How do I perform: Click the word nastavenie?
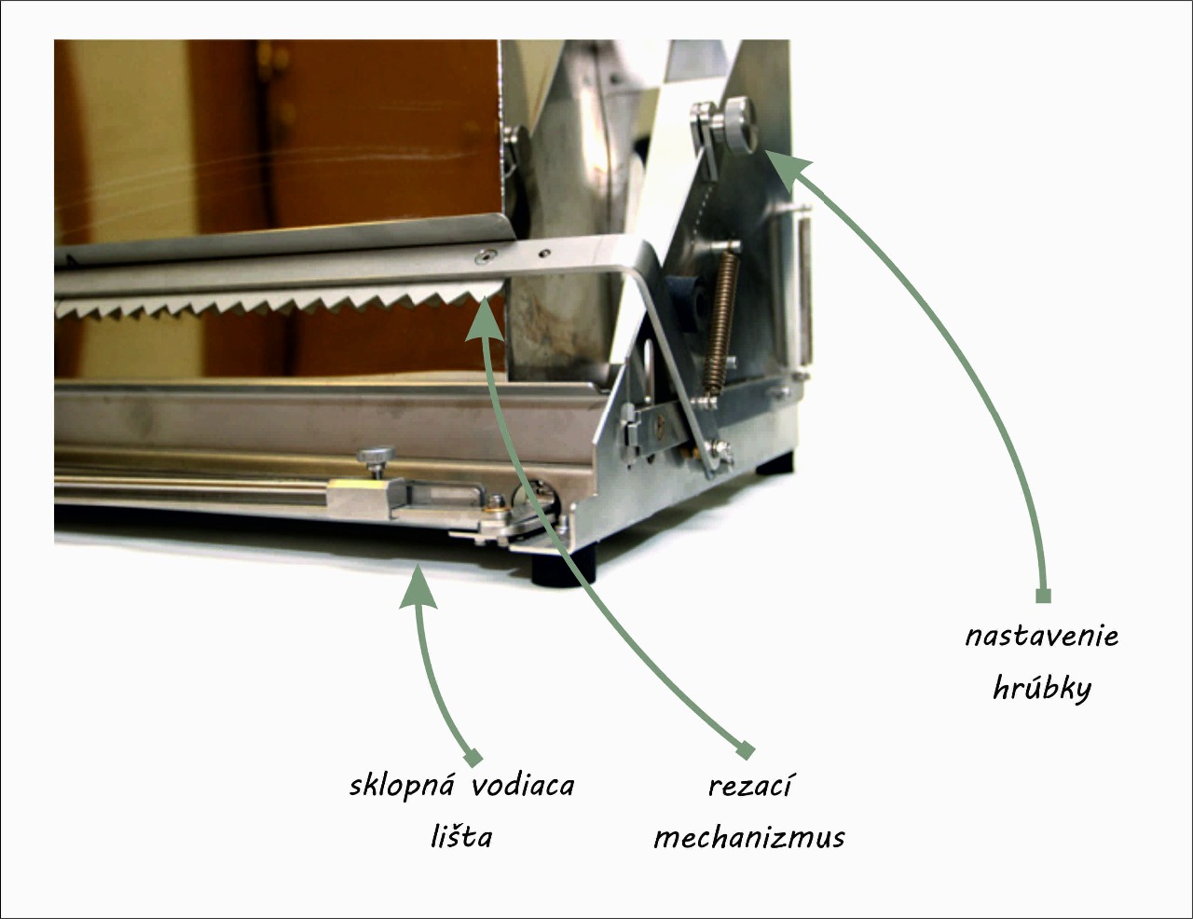click(1041, 638)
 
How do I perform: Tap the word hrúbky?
click(1041, 688)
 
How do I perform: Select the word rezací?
click(749, 787)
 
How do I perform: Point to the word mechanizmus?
click(748, 837)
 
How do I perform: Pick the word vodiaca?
click(523, 786)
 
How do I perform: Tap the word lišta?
click(461, 837)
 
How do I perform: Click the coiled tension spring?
click(721, 322)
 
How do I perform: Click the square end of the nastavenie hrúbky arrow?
click(1044, 595)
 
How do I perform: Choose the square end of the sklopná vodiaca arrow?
click(473, 758)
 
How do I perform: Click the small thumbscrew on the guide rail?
click(376, 461)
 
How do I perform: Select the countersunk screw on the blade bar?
click(486, 254)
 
